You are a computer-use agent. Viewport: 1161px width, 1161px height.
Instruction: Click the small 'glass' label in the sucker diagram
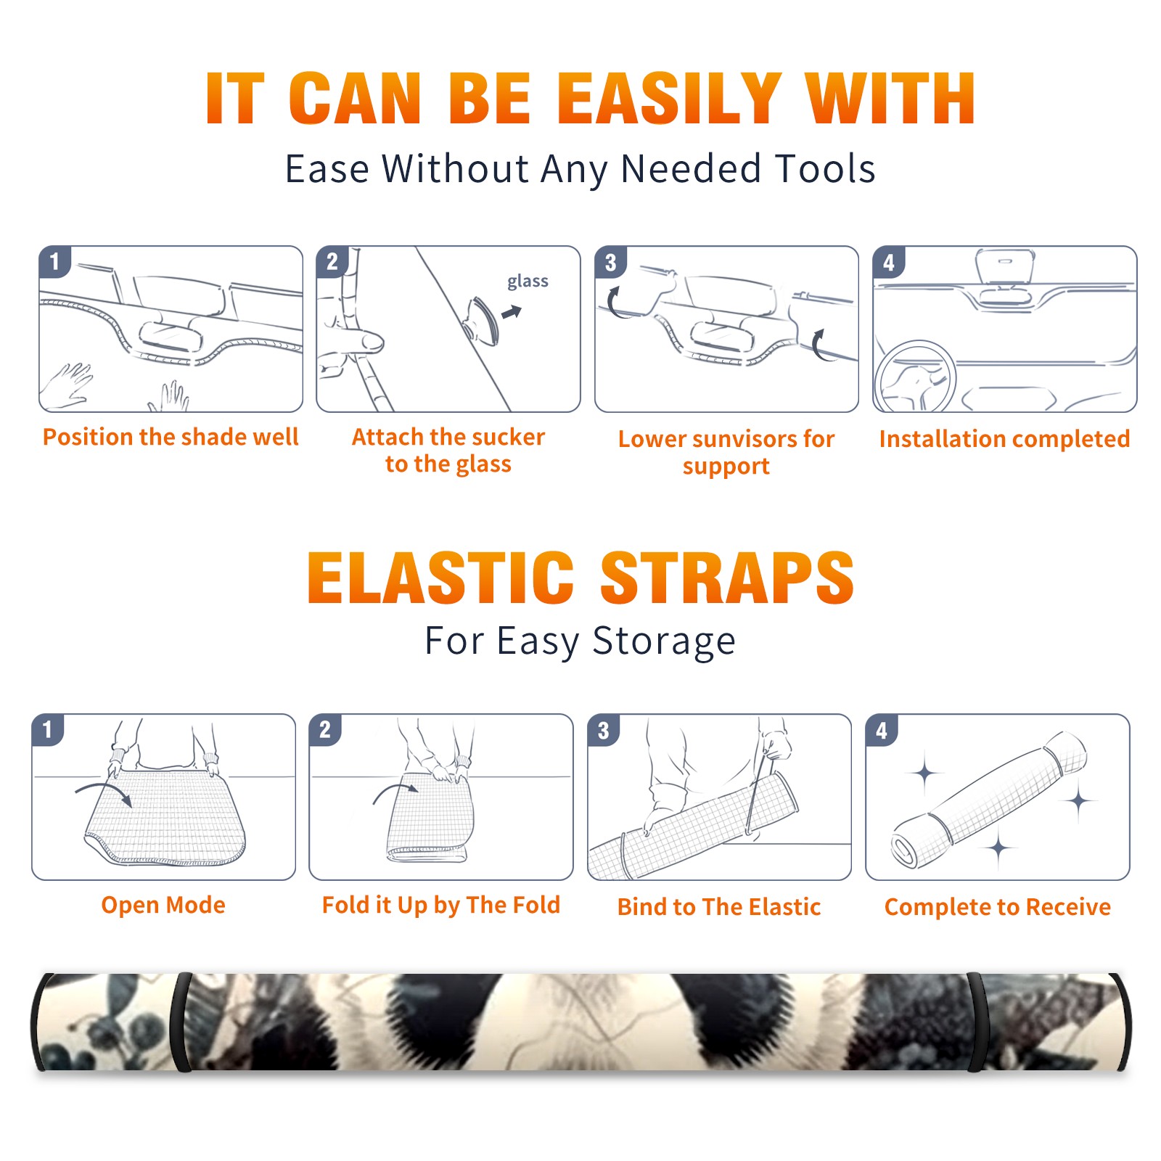[x=528, y=282]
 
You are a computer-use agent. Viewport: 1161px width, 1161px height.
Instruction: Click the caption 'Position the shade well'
[x=171, y=437]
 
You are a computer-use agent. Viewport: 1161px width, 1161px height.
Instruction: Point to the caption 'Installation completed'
[x=1004, y=438]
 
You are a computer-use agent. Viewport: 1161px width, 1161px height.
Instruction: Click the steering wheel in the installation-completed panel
[x=916, y=377]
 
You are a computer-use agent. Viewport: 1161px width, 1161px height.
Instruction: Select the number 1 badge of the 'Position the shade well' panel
[x=55, y=261]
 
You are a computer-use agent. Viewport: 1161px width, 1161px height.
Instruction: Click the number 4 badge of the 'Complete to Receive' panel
[x=882, y=730]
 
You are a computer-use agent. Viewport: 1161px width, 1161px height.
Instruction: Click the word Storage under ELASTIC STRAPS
[x=663, y=641]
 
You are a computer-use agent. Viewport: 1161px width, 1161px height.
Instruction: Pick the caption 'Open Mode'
[x=163, y=905]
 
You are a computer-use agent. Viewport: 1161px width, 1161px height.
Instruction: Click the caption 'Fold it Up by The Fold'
[x=441, y=905]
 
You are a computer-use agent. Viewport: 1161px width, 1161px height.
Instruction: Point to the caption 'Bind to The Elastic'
[x=719, y=907]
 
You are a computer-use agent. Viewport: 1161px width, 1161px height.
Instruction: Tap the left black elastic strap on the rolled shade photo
[x=181, y=1022]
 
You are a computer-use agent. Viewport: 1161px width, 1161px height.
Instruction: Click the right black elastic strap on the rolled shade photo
[x=977, y=1022]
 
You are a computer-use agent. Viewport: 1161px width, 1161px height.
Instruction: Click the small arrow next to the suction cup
[x=512, y=312]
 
